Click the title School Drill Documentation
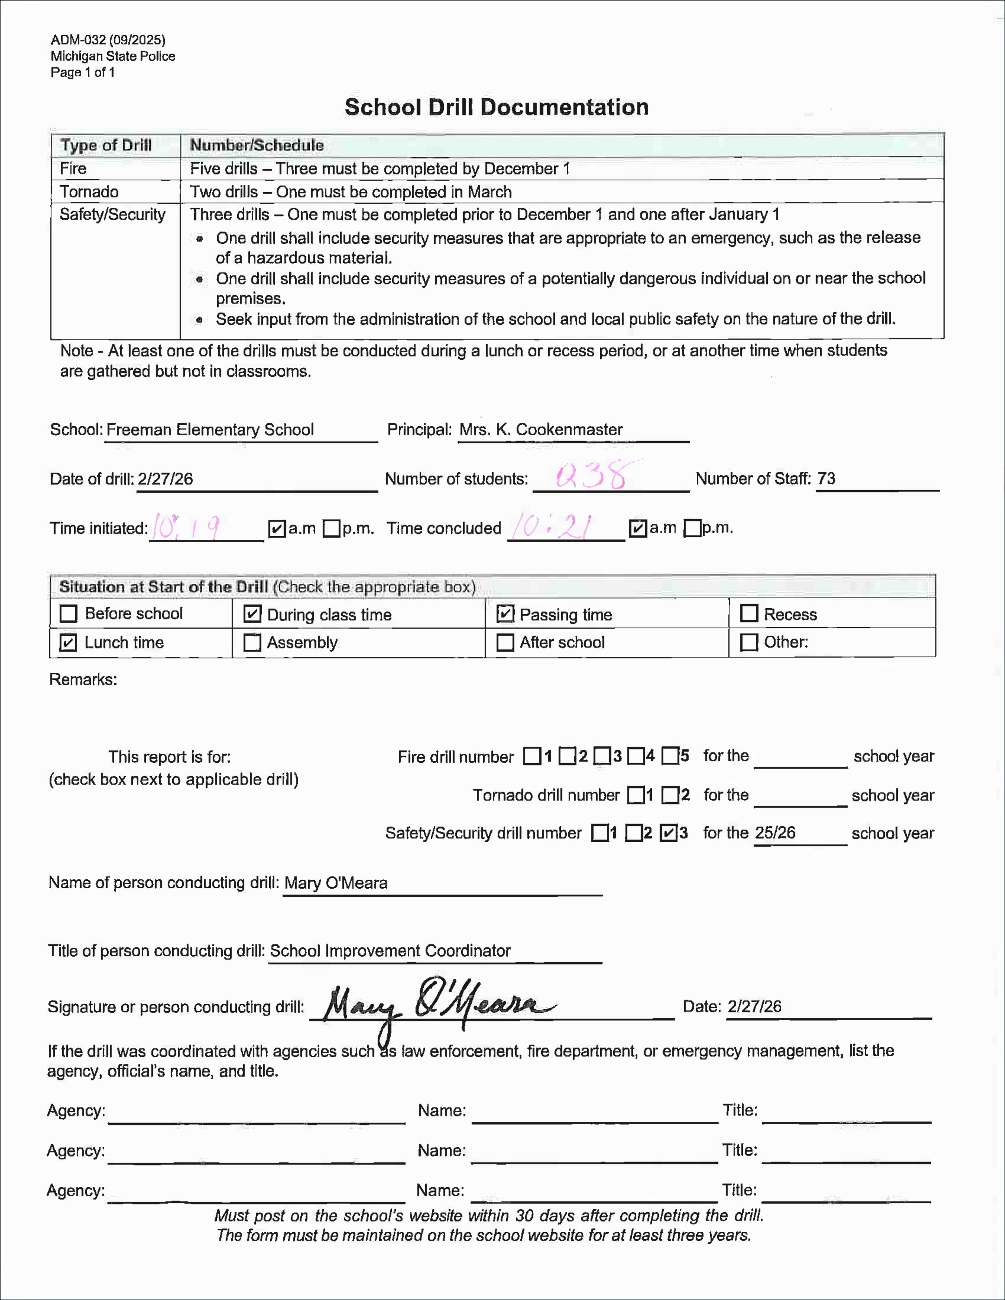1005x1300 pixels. coord(497,107)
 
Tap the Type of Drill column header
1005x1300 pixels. coord(106,145)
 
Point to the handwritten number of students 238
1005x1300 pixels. coord(591,476)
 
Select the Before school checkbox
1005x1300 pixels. coord(69,614)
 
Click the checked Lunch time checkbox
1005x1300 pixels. coord(69,643)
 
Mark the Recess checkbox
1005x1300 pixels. coord(748,614)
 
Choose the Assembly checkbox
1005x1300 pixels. coord(253,643)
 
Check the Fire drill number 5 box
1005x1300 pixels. coord(670,756)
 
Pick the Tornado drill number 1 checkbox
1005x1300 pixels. coord(636,795)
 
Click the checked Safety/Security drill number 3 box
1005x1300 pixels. coord(669,833)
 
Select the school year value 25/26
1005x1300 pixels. coord(775,833)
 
